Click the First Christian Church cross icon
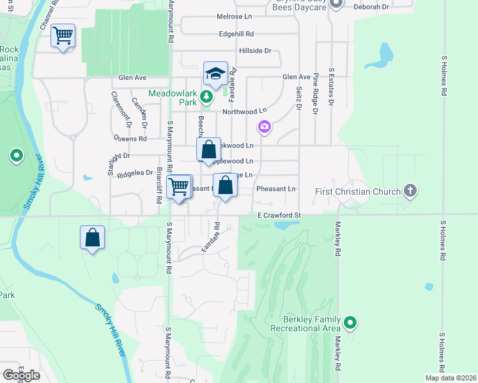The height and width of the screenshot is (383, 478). (x=410, y=191)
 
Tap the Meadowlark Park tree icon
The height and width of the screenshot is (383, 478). (x=206, y=97)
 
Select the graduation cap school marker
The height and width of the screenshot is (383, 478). (x=216, y=73)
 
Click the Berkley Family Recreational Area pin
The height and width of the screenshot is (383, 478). (x=350, y=323)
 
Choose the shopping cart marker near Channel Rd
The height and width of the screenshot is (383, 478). (x=63, y=36)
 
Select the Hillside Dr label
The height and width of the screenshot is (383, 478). (x=255, y=50)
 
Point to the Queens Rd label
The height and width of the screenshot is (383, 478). (x=130, y=138)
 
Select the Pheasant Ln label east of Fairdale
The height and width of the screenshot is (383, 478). (x=276, y=189)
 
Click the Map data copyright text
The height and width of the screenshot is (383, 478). (x=451, y=378)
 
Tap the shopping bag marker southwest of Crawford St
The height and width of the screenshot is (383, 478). (x=93, y=237)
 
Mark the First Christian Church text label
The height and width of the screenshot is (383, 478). (x=358, y=191)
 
